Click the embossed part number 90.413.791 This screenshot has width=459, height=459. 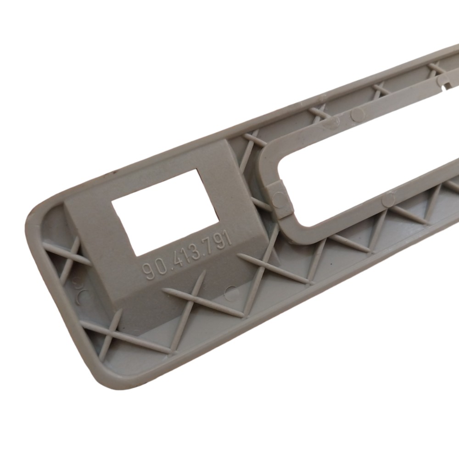pyautogui.click(x=186, y=255)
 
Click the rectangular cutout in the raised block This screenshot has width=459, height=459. pyautogui.click(x=165, y=213)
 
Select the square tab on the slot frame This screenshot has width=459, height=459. pyautogui.click(x=279, y=200)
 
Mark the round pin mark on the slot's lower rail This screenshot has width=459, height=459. pyautogui.click(x=388, y=199)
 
